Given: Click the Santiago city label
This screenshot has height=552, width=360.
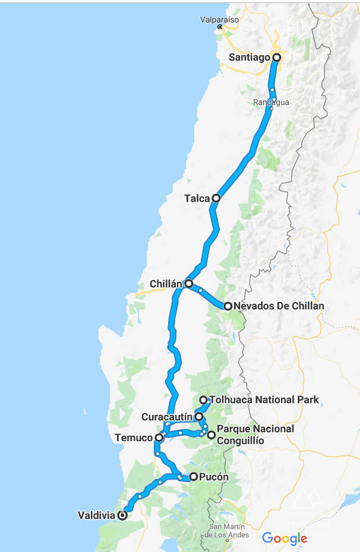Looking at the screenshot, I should click(250, 58).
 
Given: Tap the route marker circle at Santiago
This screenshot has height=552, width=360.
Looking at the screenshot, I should click(276, 58).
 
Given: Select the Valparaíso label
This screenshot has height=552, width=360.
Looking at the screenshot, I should click(219, 19).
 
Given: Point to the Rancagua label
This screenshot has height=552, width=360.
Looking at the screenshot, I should click(271, 102).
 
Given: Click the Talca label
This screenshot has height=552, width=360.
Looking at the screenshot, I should click(197, 198).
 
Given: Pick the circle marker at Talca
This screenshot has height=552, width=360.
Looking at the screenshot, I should click(216, 198).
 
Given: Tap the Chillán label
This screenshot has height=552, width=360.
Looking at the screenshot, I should click(166, 284).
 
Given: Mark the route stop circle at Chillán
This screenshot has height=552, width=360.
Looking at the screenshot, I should click(188, 284).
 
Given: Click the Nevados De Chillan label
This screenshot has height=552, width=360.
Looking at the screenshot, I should click(279, 306).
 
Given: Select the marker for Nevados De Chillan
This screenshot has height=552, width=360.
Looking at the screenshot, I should click(228, 306).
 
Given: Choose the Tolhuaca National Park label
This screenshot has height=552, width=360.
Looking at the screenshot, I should click(264, 400).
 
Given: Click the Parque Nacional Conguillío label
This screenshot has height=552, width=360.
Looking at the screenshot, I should click(255, 434).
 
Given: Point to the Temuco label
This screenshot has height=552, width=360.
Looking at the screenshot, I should click(134, 438).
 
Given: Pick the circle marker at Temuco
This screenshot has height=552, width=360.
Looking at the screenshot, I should click(159, 438).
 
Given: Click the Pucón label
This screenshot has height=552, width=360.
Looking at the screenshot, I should click(214, 477).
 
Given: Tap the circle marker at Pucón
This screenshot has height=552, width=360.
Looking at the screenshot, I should click(193, 477).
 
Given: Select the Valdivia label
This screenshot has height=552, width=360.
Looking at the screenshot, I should click(96, 516).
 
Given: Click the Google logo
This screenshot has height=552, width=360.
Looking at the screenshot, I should click(285, 538).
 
